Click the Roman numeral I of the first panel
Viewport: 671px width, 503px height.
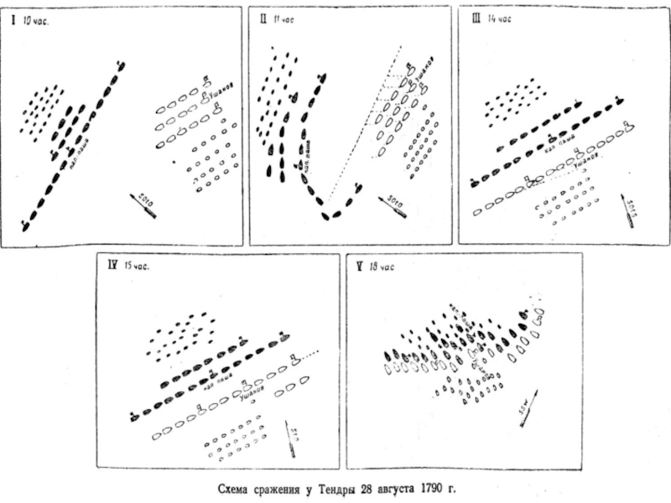click(x=14, y=23)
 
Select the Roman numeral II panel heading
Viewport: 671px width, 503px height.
click(x=263, y=18)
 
